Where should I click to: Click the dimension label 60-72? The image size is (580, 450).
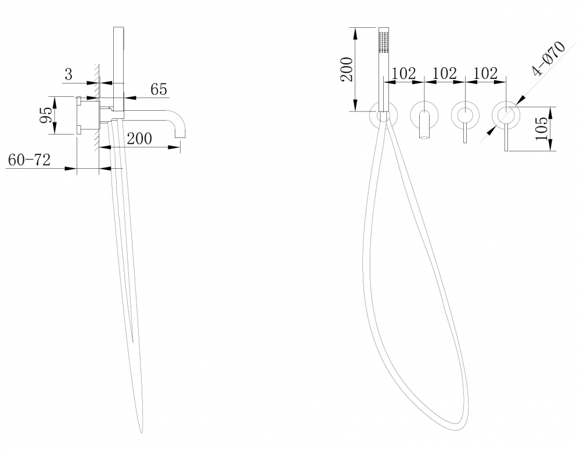29,160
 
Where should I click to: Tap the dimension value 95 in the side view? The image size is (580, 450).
46,115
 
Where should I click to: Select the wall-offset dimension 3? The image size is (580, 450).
69,74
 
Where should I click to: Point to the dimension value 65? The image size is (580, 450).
158,89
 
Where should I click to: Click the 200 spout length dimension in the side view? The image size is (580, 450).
139,139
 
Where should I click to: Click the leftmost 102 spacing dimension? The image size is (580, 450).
404,73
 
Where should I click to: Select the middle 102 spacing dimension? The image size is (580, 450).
445,73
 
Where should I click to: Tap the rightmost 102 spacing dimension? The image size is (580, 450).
485,73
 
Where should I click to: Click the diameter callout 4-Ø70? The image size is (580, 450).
549,58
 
